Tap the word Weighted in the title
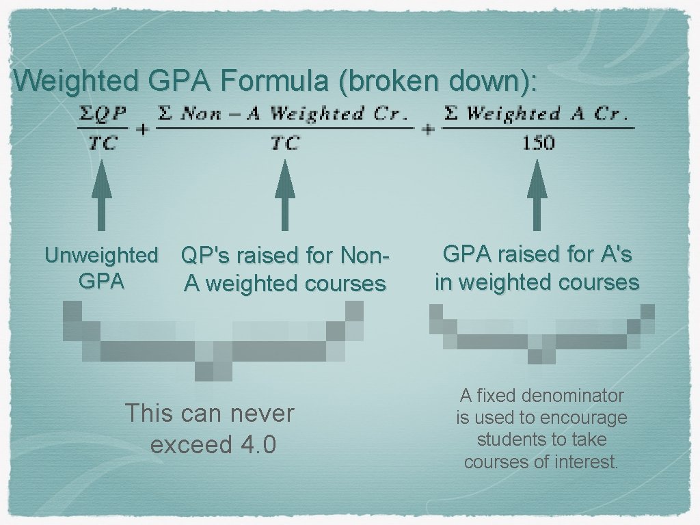tap(76, 81)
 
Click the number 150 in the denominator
tap(537, 143)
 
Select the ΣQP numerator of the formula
tap(102, 113)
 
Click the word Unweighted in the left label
tap(101, 256)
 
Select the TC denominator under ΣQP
tap(102, 143)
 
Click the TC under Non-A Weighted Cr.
tap(284, 143)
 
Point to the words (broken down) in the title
tap(437, 81)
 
